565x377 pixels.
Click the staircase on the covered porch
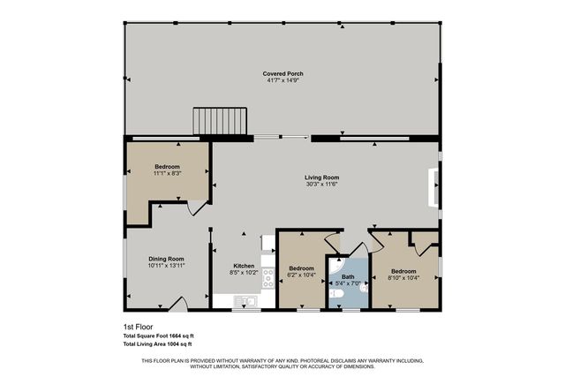(x=220, y=120)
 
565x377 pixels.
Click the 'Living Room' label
(x=322, y=177)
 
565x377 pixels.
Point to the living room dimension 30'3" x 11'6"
(x=322, y=185)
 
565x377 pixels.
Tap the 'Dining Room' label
(x=166, y=258)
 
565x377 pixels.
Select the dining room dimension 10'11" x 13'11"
(x=166, y=265)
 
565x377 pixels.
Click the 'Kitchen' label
(x=244, y=266)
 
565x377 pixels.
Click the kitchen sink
(x=244, y=302)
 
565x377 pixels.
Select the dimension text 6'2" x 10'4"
(x=302, y=275)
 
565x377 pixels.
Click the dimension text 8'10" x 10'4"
(x=403, y=278)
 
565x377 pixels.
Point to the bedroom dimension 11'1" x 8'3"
(x=167, y=174)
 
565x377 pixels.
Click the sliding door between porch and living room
(x=281, y=137)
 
